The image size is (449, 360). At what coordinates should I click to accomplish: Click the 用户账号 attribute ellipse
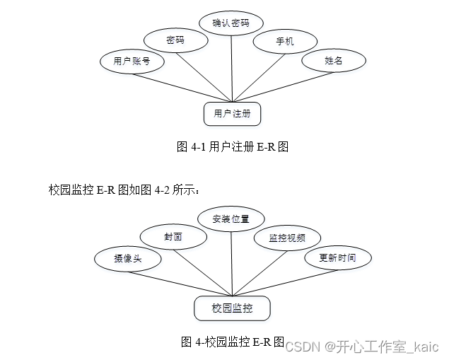132,61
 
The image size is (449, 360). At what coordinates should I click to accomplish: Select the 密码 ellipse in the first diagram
175,41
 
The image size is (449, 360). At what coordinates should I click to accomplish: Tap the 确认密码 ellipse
231,23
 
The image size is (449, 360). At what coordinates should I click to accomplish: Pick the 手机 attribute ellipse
285,42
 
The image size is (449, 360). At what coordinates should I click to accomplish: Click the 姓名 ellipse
333,61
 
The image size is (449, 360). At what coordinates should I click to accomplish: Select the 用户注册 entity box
232,112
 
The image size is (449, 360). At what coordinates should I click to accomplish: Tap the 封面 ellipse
173,237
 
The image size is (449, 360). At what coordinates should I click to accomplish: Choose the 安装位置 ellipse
231,219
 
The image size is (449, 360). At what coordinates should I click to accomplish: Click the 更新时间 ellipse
337,257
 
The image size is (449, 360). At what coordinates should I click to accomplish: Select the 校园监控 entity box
232,308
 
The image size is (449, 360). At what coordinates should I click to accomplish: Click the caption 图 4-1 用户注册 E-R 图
232,147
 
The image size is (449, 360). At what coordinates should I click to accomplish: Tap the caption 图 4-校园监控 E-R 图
232,342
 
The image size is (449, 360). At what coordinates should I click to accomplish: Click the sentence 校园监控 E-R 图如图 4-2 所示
124,190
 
